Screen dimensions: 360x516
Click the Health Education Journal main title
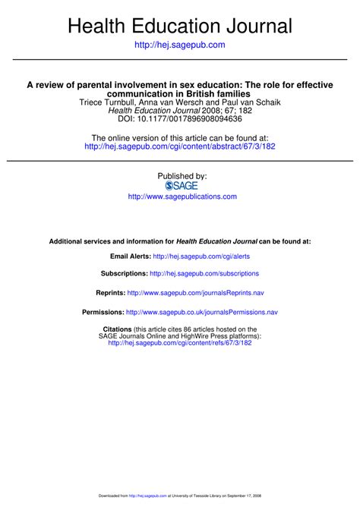point(180,27)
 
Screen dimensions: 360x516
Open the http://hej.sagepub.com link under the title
point(180,46)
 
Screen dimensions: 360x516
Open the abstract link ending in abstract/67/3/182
point(179,146)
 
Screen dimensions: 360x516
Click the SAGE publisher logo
point(181,186)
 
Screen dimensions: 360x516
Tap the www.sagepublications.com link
point(182,197)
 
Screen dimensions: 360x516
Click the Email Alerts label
point(130,257)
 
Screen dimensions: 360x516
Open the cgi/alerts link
point(201,257)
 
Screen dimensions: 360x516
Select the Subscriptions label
point(124,274)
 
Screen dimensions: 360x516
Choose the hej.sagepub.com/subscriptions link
point(204,274)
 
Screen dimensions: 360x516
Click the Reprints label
point(110,292)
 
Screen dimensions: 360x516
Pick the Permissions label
point(103,312)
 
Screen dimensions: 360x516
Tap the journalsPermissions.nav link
point(202,312)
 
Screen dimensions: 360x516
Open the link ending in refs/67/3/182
point(179,343)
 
